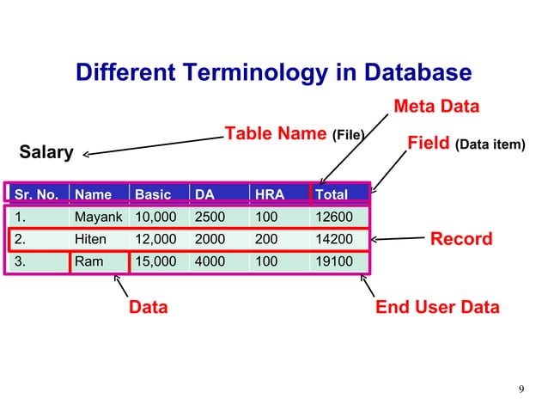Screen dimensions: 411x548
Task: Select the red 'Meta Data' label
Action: [435, 106]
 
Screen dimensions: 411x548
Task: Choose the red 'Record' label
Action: [460, 238]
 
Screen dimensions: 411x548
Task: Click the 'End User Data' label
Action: [437, 307]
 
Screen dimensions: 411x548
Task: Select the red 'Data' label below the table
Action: [148, 307]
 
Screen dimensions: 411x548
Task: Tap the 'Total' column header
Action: [332, 194]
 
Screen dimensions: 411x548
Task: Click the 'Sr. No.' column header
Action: [35, 194]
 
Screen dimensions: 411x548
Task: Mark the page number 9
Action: [523, 392]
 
